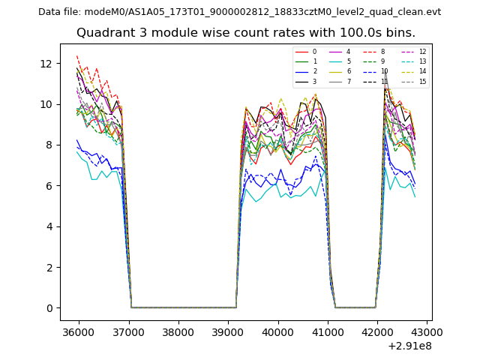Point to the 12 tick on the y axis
click(49, 63)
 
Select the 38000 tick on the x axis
click(178, 331)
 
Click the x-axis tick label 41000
click(328, 331)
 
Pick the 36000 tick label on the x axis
click(78, 331)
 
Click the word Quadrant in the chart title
click(103, 33)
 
